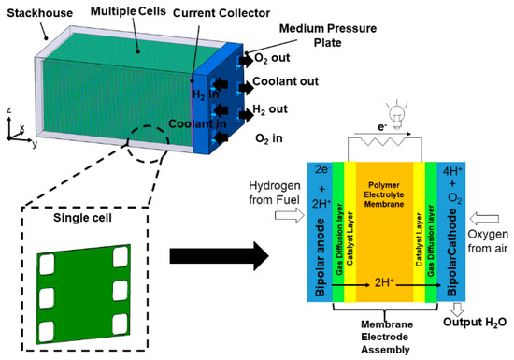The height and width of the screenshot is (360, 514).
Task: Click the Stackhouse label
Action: [x=40, y=13]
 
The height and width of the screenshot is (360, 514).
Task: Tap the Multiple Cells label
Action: [x=128, y=11]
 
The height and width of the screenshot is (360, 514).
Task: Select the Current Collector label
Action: [x=221, y=13]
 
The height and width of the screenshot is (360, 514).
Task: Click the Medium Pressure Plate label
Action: [x=328, y=36]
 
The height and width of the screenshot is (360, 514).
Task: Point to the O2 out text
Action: [x=272, y=58]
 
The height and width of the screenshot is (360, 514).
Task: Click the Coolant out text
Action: [x=286, y=81]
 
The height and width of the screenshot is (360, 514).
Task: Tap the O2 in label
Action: [x=269, y=138]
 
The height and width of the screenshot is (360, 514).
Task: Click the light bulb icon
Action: [x=397, y=115]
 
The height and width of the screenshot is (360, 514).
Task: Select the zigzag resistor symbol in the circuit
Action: [x=384, y=141]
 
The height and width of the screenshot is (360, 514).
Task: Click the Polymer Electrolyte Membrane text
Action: [x=384, y=194]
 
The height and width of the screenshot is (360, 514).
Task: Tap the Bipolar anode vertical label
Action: [x=320, y=258]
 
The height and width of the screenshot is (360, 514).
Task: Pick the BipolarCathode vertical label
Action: [x=452, y=252]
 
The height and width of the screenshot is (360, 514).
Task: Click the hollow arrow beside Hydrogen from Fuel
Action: [x=290, y=216]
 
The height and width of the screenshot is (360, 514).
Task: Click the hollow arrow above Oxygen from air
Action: [x=484, y=219]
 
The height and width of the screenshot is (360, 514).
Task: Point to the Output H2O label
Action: [x=475, y=323]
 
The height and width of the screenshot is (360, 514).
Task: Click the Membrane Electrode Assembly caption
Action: [x=385, y=337]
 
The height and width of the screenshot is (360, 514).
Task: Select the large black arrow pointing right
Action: [x=219, y=256]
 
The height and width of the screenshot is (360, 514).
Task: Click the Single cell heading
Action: [x=82, y=218]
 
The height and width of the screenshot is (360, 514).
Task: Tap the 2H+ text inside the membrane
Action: [x=384, y=282]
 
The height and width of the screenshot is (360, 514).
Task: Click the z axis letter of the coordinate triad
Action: [x=8, y=109]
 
